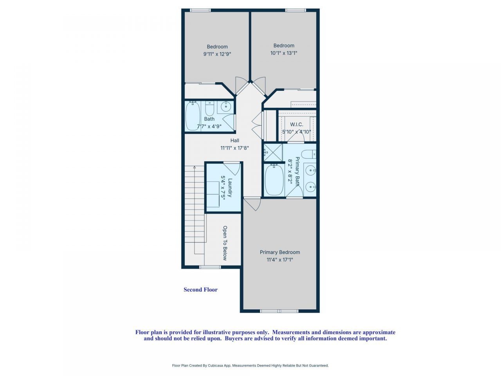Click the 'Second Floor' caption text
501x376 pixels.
tap(200, 290)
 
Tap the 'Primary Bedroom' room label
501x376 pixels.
tap(280, 252)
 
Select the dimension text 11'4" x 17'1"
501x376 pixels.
tap(280, 260)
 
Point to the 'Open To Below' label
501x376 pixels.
tap(225, 243)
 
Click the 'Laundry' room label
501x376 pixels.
tap(230, 188)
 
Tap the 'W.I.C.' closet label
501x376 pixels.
tap(296, 125)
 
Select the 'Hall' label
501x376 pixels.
tap(234, 141)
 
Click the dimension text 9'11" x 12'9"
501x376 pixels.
tap(217, 54)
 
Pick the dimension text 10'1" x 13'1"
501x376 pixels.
tap(284, 53)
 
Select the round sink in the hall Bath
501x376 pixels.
tap(225, 106)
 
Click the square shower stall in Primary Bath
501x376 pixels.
tap(273, 153)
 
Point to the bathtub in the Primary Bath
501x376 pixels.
tap(274, 180)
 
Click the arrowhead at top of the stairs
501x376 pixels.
tap(194, 167)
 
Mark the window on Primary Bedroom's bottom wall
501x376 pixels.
tap(279, 311)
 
